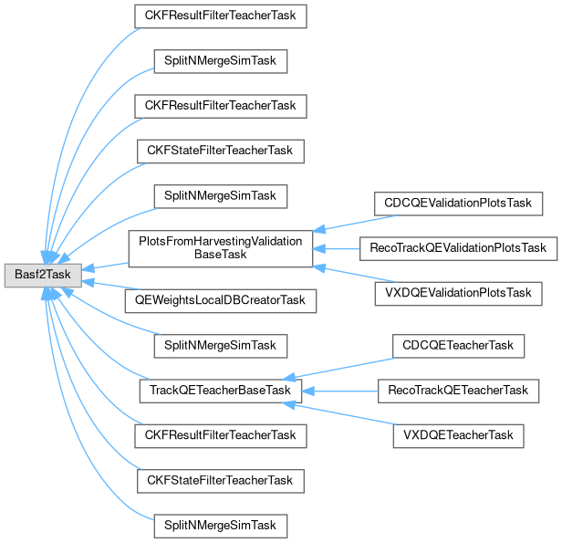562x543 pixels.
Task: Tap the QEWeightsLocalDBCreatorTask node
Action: click(220, 299)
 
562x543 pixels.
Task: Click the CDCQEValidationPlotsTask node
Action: click(457, 203)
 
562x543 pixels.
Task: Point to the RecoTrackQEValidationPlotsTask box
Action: click(457, 247)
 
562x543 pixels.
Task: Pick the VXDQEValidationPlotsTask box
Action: click(457, 293)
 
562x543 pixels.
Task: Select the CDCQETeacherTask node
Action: click(458, 345)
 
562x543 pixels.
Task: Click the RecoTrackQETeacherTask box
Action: click(458, 390)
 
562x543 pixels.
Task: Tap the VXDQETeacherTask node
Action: click(458, 435)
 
